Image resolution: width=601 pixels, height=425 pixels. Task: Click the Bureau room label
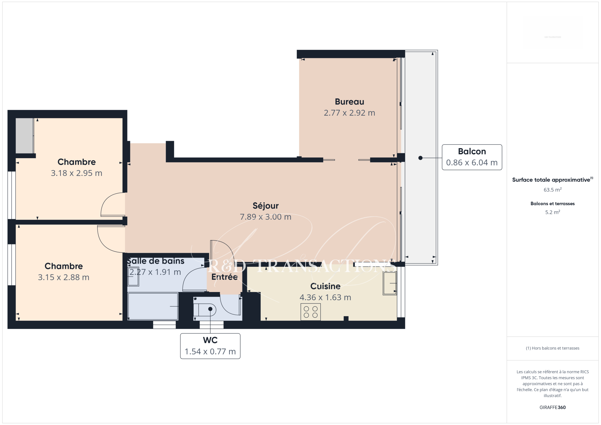tap(350, 102)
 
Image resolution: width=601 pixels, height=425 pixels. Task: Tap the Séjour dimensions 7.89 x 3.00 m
tap(266, 217)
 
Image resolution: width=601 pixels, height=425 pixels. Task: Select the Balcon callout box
tap(472, 157)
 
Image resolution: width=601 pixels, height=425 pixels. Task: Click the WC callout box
tap(210, 346)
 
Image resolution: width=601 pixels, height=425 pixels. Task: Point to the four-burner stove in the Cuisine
tap(311, 312)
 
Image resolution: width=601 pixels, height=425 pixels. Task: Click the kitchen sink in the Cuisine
tap(390, 283)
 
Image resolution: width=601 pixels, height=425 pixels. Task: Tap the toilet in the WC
tap(205, 310)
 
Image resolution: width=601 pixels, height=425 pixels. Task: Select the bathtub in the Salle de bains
tap(153, 306)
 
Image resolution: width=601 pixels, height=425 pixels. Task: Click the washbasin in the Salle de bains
tap(133, 276)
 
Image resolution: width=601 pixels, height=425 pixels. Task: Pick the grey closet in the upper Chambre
tap(25, 136)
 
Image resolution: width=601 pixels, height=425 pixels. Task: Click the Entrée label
tap(224, 277)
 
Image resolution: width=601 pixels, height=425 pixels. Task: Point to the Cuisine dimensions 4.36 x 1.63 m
tap(325, 297)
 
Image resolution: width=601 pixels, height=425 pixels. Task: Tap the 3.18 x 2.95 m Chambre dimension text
tap(77, 173)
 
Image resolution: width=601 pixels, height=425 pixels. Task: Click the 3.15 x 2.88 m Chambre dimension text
tap(64, 277)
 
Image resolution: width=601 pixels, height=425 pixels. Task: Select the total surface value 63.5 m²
tap(553, 190)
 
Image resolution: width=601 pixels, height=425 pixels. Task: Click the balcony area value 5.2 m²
tap(553, 212)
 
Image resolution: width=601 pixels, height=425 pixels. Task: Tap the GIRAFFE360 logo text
tap(553, 407)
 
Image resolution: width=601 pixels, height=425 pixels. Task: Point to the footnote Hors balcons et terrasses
tap(553, 348)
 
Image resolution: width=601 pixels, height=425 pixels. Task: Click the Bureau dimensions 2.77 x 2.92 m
tap(350, 113)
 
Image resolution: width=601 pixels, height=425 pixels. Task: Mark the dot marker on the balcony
tap(421, 158)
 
